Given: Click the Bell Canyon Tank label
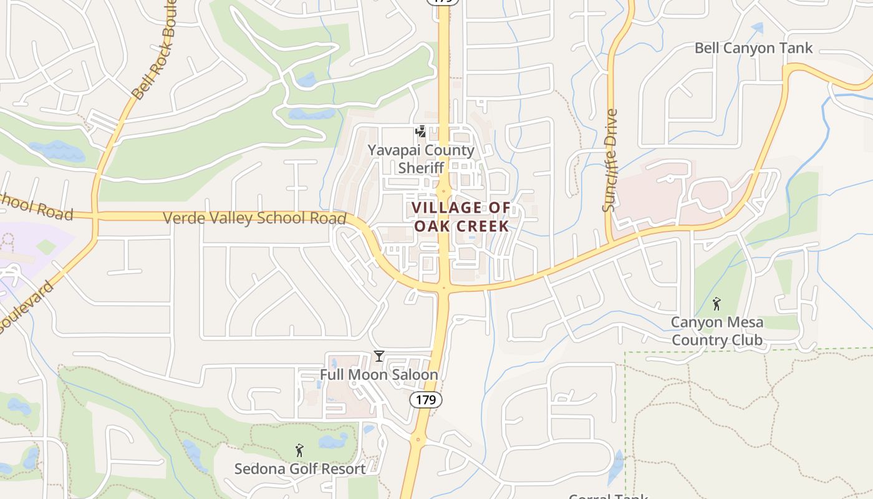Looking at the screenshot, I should (x=753, y=48).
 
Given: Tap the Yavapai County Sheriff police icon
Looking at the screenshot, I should (x=422, y=132).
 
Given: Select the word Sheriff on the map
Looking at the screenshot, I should (x=421, y=168).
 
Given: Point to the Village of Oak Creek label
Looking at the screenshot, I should (x=461, y=216).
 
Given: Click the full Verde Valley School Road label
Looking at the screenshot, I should (x=254, y=218).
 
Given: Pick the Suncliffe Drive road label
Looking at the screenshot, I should (x=610, y=160).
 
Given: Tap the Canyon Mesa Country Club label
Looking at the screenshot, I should (x=716, y=331).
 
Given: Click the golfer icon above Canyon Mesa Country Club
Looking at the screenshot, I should (x=716, y=304).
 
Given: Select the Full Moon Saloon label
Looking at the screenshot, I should (x=379, y=375).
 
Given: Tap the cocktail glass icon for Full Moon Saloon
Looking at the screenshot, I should (x=379, y=356).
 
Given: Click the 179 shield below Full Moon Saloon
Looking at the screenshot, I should (x=426, y=399).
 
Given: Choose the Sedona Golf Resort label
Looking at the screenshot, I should (x=300, y=468).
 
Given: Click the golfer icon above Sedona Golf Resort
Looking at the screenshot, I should (x=299, y=450).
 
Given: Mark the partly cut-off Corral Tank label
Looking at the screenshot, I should (x=608, y=496).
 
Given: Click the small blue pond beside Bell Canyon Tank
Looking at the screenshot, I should (x=757, y=28).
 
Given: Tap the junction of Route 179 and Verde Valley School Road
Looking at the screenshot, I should (x=444, y=288).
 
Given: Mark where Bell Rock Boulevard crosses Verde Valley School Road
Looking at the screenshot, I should (x=95, y=216).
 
